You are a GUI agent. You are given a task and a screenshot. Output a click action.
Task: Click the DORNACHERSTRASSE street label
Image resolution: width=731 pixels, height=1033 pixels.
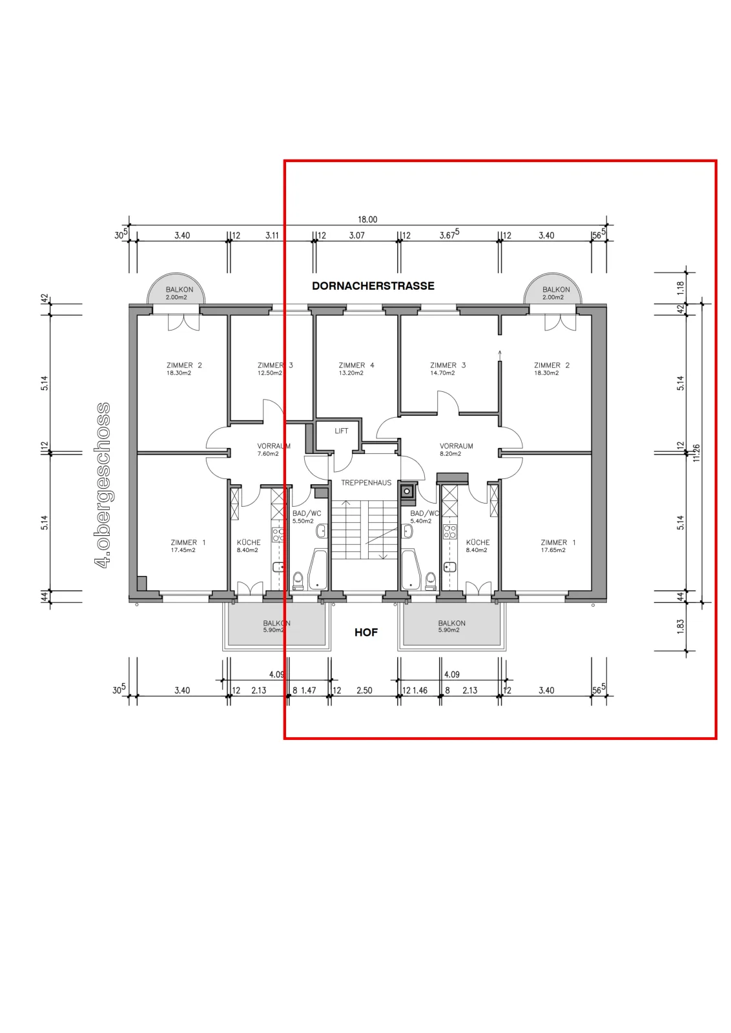coord(373,286)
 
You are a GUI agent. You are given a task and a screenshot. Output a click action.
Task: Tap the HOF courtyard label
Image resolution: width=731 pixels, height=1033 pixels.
coord(366,632)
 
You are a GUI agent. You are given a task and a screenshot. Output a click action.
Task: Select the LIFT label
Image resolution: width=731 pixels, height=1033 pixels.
coord(342,431)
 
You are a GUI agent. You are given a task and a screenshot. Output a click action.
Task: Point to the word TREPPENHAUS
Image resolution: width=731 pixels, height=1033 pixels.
coord(366,483)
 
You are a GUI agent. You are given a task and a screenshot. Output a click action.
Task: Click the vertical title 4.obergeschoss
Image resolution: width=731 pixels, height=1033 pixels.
coord(103,485)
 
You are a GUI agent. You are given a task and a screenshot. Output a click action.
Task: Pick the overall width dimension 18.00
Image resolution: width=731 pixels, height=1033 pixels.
coord(367,220)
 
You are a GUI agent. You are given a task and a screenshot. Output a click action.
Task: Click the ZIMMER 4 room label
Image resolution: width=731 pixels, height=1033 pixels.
coord(356,365)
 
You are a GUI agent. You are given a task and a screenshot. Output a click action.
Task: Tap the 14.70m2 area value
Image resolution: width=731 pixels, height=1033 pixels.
coord(443,373)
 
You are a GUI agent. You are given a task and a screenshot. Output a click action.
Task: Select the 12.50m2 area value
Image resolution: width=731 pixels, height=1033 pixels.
coord(270,373)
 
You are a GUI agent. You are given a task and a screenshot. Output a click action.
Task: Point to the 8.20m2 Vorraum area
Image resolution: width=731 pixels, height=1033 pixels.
coord(450,454)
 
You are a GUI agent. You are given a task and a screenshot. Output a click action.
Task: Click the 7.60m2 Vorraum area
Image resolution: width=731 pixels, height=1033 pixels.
coord(268,454)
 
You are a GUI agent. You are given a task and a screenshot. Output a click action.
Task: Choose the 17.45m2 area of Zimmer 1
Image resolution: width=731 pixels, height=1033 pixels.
coord(183,550)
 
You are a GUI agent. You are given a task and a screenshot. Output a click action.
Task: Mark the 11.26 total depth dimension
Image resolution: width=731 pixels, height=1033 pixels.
coord(696,453)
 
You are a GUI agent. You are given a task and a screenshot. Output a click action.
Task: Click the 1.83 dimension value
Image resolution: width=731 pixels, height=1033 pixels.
coord(681,626)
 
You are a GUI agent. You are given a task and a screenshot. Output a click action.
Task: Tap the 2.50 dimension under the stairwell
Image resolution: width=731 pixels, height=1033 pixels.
coord(364,690)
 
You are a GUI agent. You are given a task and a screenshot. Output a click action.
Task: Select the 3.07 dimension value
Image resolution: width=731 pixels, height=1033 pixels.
coord(357,236)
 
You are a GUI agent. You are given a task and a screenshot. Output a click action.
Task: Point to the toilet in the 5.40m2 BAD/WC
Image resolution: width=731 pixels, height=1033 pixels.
coord(431,581)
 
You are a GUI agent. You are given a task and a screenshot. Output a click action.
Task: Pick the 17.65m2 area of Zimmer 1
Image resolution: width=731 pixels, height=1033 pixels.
coord(553,550)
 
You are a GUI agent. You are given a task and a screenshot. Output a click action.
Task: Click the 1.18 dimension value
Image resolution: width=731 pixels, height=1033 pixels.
coord(681,288)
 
